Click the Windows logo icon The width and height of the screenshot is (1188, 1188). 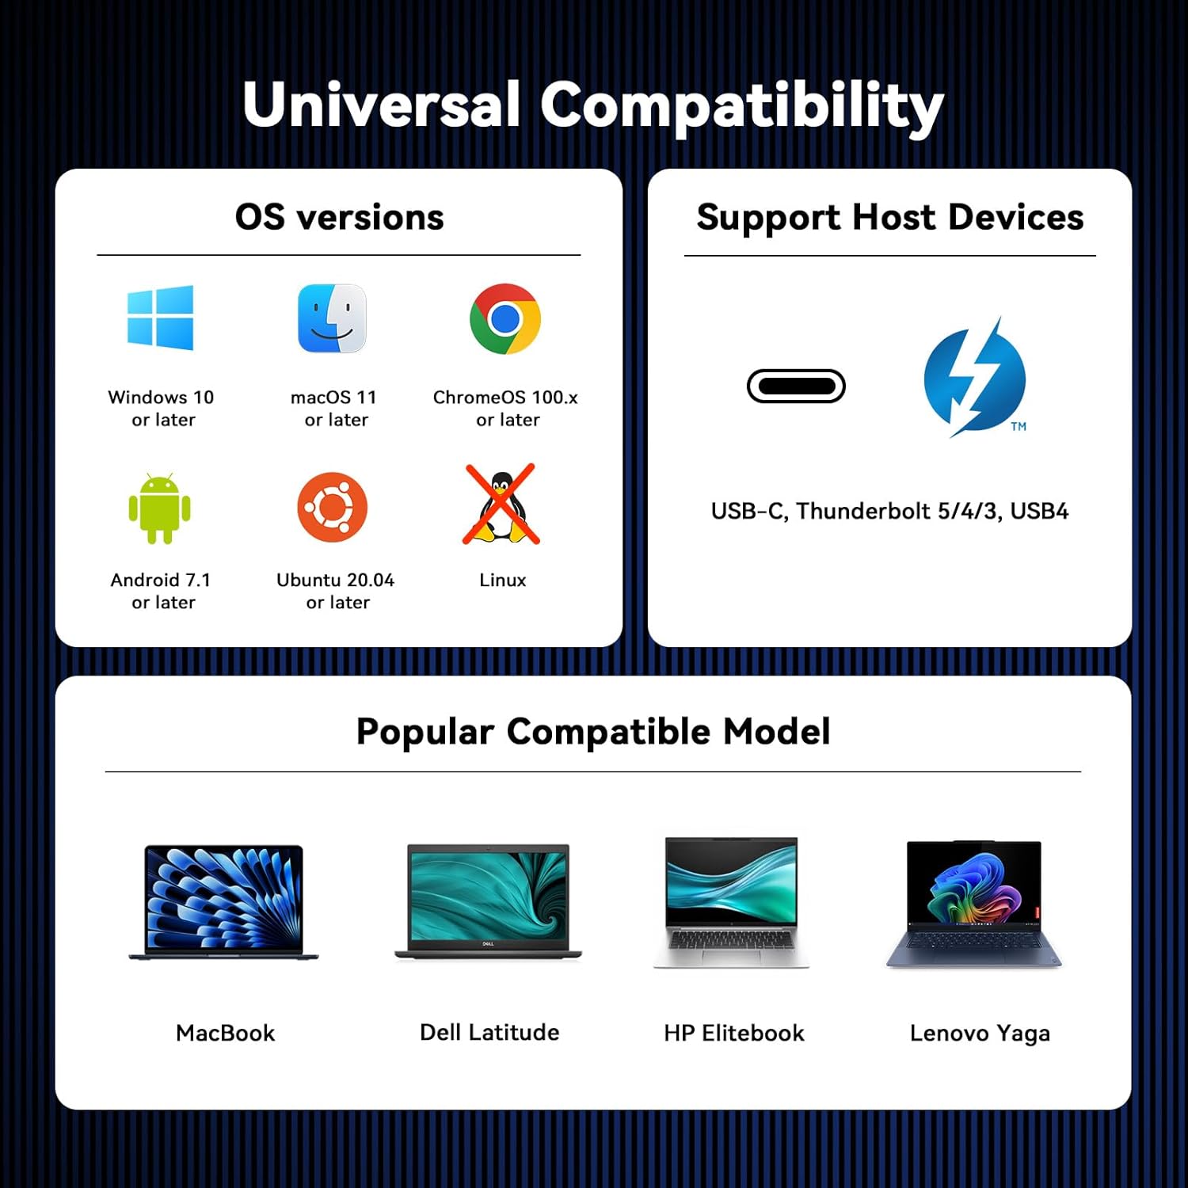pyautogui.click(x=160, y=318)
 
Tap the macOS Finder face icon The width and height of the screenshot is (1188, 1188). pyautogui.click(x=332, y=318)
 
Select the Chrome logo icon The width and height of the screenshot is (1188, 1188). pyautogui.click(x=505, y=318)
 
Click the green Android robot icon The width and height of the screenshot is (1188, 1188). pyautogui.click(x=160, y=508)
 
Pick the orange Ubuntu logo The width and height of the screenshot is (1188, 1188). pyautogui.click(x=333, y=508)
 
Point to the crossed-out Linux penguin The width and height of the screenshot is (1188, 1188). pyautogui.click(x=501, y=505)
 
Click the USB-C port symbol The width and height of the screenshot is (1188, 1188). pyautogui.click(x=796, y=386)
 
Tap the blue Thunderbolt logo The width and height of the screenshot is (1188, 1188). pyautogui.click(x=975, y=378)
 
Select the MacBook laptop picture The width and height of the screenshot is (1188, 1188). pyautogui.click(x=224, y=903)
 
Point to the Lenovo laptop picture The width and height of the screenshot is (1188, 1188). pyautogui.click(x=974, y=904)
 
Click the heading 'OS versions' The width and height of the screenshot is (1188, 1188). pyautogui.click(x=340, y=217)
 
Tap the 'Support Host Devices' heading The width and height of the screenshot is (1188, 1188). pyautogui.click(x=890, y=218)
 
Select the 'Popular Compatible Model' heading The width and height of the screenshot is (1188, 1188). pyautogui.click(x=593, y=732)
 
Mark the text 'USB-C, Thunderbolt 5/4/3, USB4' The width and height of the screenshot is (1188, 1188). pyautogui.click(x=889, y=512)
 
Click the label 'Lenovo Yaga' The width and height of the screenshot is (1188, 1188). pyautogui.click(x=980, y=1034)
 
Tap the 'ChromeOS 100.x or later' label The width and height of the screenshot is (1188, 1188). pyautogui.click(x=505, y=408)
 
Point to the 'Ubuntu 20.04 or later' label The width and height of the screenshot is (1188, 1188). pyautogui.click(x=336, y=591)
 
